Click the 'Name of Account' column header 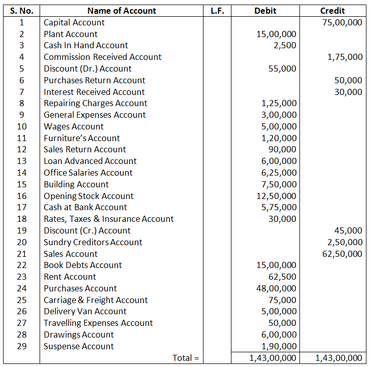coord(122,11)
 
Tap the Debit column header coord(265,11)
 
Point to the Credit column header coord(332,11)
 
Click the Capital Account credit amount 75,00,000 coord(342,22)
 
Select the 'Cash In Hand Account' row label coord(86,46)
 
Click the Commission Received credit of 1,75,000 coord(345,57)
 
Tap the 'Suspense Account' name coord(79,346)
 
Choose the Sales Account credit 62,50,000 coord(342,254)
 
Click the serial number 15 coord(22,184)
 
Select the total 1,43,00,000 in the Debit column coord(273,358)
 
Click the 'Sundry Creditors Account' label coord(93,242)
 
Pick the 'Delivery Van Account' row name coord(85,312)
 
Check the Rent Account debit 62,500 coord(282,277)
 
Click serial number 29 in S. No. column coord(22,346)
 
